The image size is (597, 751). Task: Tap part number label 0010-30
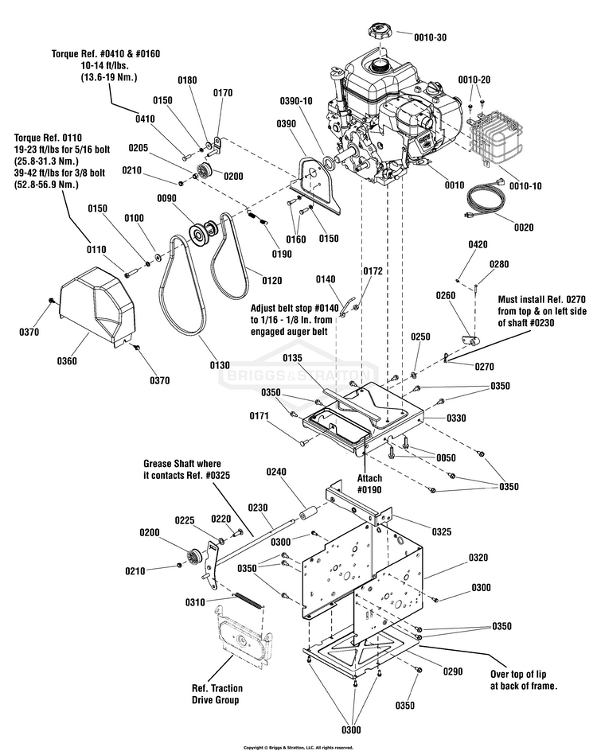pyautogui.click(x=431, y=37)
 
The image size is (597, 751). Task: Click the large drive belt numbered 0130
pyautogui.click(x=184, y=287)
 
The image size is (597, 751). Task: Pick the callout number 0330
pyautogui.click(x=456, y=418)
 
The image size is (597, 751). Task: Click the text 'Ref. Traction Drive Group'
pyautogui.click(x=217, y=694)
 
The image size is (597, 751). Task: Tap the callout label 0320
pyautogui.click(x=478, y=558)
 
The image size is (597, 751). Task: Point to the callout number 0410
pyautogui.click(x=145, y=119)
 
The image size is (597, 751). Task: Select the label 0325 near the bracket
pyautogui.click(x=441, y=531)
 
